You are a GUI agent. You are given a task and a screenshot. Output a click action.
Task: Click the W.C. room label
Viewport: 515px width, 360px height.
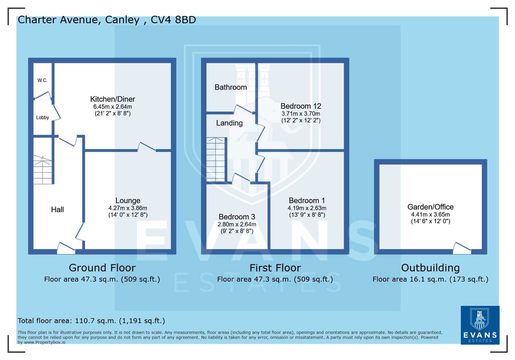(x=42, y=80)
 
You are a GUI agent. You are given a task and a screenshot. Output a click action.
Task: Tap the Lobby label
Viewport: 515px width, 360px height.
(x=42, y=117)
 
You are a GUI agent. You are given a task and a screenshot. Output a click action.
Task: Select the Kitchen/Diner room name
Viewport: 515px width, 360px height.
(x=112, y=99)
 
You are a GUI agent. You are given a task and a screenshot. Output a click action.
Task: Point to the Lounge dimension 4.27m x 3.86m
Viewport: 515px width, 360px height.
(x=128, y=208)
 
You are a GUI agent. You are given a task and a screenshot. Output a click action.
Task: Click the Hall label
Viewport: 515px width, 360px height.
(x=57, y=209)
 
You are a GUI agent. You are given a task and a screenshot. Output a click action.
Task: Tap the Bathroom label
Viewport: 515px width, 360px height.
(x=230, y=87)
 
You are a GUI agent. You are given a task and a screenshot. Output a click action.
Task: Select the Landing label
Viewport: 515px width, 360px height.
(x=229, y=123)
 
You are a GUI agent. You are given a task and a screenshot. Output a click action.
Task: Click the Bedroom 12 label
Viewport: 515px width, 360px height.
(x=301, y=106)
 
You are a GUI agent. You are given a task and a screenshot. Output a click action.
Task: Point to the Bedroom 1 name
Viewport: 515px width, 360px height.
(x=307, y=200)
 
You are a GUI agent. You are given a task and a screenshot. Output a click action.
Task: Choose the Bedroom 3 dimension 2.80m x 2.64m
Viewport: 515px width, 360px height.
(x=237, y=224)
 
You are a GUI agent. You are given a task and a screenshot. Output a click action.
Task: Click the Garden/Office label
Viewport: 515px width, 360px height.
(x=430, y=207)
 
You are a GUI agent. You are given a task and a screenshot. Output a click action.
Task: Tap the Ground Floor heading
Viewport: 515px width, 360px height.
(x=102, y=268)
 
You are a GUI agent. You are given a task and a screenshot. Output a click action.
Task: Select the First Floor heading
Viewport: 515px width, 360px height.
(x=275, y=268)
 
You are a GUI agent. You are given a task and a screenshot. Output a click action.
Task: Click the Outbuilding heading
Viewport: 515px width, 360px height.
(x=430, y=268)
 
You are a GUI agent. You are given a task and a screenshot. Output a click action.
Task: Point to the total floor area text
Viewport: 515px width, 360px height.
(x=91, y=321)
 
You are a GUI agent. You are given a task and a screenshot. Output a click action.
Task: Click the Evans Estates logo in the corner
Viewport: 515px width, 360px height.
(x=480, y=325)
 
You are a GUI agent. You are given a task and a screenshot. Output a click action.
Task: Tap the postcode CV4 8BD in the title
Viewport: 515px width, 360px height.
(x=173, y=20)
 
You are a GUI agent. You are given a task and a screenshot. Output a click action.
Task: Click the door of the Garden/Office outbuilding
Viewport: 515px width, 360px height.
(x=462, y=247)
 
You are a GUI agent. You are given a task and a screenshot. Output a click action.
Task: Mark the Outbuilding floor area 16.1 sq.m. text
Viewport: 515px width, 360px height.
(x=430, y=279)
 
